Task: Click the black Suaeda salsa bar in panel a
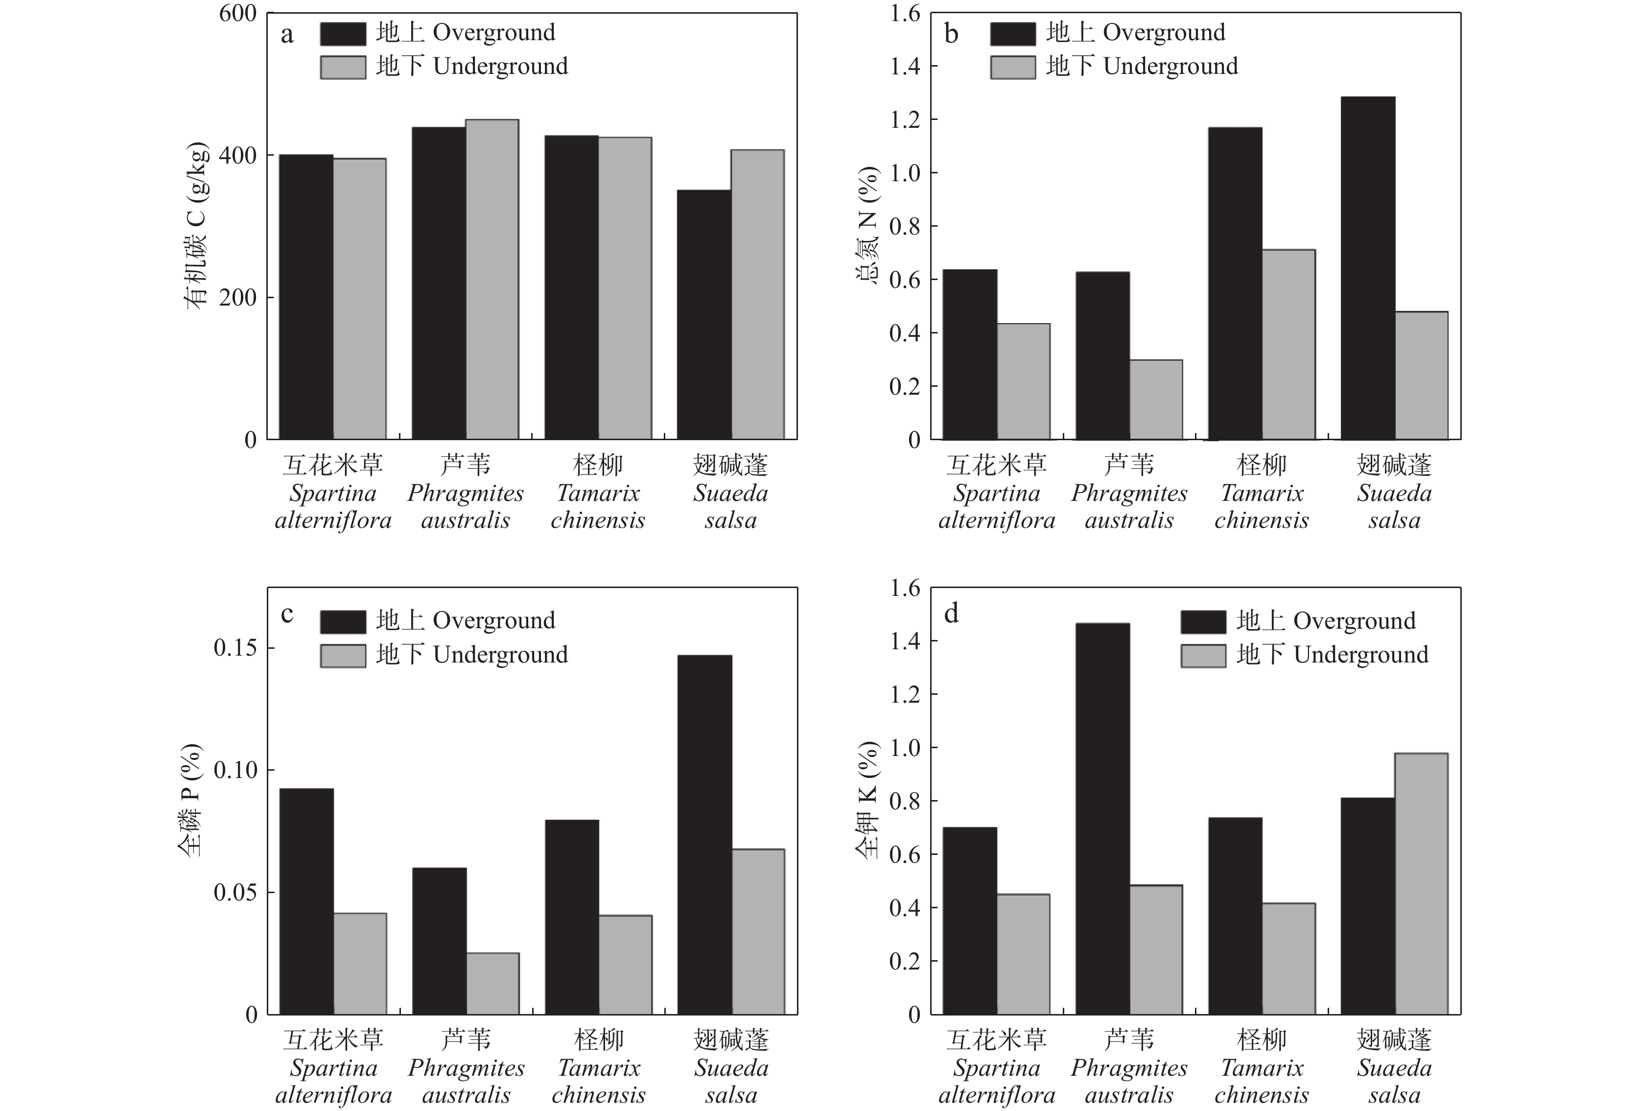click(703, 315)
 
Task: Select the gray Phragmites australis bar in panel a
click(492, 280)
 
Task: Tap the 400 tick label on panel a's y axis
click(237, 156)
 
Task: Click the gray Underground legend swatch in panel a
click(343, 67)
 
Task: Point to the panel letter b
click(951, 34)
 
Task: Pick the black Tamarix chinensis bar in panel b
click(1235, 284)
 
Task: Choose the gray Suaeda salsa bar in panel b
click(1421, 376)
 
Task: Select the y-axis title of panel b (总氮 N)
click(868, 226)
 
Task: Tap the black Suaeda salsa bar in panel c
click(704, 835)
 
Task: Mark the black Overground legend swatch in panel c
click(343, 621)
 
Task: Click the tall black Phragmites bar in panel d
click(1102, 819)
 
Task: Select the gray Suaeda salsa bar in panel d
click(1421, 884)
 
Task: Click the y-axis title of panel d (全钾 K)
click(868, 800)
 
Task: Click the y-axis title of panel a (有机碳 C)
click(196, 226)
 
